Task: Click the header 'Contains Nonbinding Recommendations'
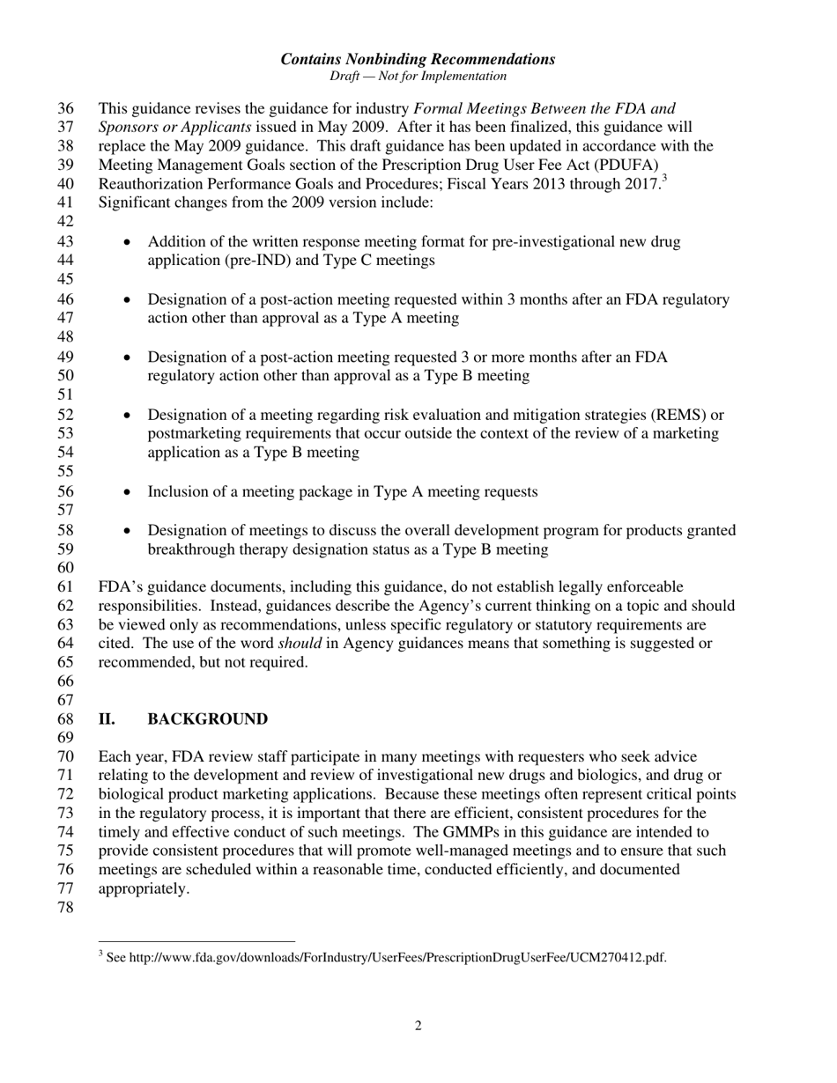click(418, 59)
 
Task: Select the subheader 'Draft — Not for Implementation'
click(418, 77)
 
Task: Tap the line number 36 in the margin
click(66, 109)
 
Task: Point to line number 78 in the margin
click(66, 908)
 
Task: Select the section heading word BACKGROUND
click(207, 719)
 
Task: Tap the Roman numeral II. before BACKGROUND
click(107, 719)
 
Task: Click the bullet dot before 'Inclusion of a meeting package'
click(129, 492)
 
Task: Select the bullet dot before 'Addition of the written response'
click(129, 242)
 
